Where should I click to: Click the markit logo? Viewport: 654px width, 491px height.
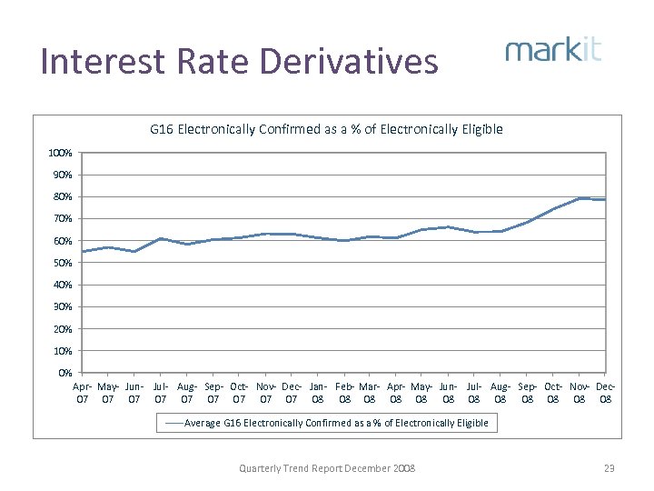pyautogui.click(x=553, y=49)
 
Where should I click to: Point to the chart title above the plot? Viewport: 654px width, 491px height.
pyautogui.click(x=326, y=129)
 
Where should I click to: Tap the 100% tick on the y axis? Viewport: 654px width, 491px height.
pyautogui.click(x=61, y=153)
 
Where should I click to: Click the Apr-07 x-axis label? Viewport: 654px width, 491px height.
pyautogui.click(x=83, y=393)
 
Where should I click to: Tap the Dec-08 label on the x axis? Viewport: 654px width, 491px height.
pyautogui.click(x=606, y=393)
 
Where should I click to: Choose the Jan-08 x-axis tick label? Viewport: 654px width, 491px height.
pyautogui.click(x=318, y=393)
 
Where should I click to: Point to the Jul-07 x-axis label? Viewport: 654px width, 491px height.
pyautogui.click(x=161, y=393)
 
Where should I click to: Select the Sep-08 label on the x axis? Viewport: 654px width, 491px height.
pyautogui.click(x=528, y=393)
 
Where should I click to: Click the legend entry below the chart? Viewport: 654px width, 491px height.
pyautogui.click(x=326, y=423)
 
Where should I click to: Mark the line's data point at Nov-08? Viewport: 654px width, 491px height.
pyautogui.click(x=580, y=198)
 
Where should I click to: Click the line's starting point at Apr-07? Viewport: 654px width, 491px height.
pyautogui.click(x=83, y=252)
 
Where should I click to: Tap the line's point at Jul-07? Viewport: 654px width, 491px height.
pyautogui.click(x=161, y=238)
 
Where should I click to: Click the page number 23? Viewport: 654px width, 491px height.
pyautogui.click(x=609, y=468)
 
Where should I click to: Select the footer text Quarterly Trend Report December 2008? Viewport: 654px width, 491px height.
pyautogui.click(x=326, y=468)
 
